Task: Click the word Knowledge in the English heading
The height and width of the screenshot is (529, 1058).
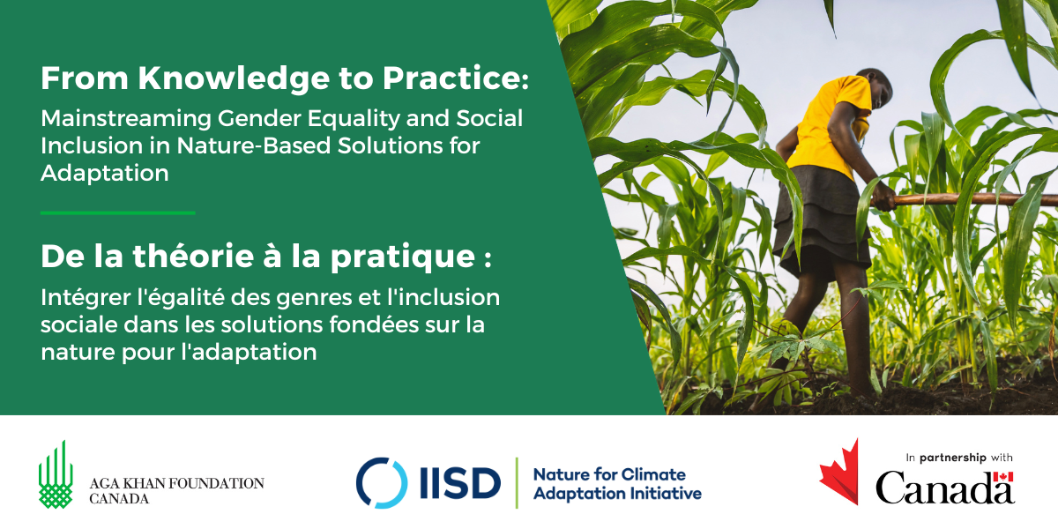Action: pyautogui.click(x=234, y=78)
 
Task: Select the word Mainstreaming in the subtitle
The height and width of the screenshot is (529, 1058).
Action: pyautogui.click(x=126, y=119)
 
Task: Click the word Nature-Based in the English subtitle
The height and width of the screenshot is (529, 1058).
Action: pyautogui.click(x=254, y=145)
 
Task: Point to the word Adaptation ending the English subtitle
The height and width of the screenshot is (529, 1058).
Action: pyautogui.click(x=105, y=174)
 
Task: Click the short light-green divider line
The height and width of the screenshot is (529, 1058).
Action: pyautogui.click(x=118, y=213)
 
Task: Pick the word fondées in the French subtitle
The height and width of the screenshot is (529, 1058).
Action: pyautogui.click(x=374, y=325)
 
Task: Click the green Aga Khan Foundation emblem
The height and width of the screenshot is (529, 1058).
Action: pyautogui.click(x=56, y=474)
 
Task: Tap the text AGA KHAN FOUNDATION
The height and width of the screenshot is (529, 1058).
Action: pyautogui.click(x=176, y=483)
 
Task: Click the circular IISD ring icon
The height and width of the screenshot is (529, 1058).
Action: pyautogui.click(x=382, y=483)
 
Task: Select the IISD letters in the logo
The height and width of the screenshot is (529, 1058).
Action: pyautogui.click(x=460, y=483)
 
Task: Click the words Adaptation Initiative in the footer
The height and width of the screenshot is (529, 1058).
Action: pyautogui.click(x=617, y=494)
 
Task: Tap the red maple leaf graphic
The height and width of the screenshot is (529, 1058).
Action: pyautogui.click(x=839, y=473)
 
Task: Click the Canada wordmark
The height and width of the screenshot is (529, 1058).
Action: pyautogui.click(x=945, y=488)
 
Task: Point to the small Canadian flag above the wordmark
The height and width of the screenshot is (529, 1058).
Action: pyautogui.click(x=1003, y=477)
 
